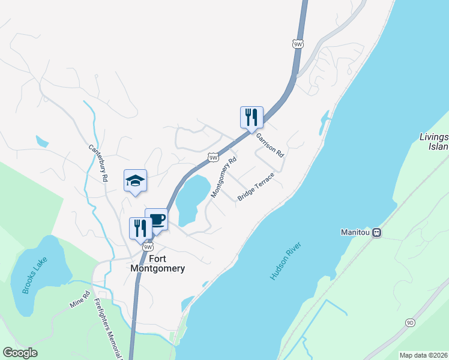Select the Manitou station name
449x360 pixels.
(x=356, y=233)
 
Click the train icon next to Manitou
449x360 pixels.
(x=377, y=233)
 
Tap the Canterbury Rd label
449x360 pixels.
(x=98, y=163)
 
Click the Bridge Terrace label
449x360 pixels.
(x=256, y=187)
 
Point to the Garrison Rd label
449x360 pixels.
(x=270, y=145)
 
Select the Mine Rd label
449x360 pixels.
(x=79, y=300)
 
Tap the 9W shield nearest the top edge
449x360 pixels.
(x=298, y=44)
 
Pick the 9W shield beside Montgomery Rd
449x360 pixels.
(x=213, y=157)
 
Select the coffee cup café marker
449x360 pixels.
(x=156, y=219)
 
